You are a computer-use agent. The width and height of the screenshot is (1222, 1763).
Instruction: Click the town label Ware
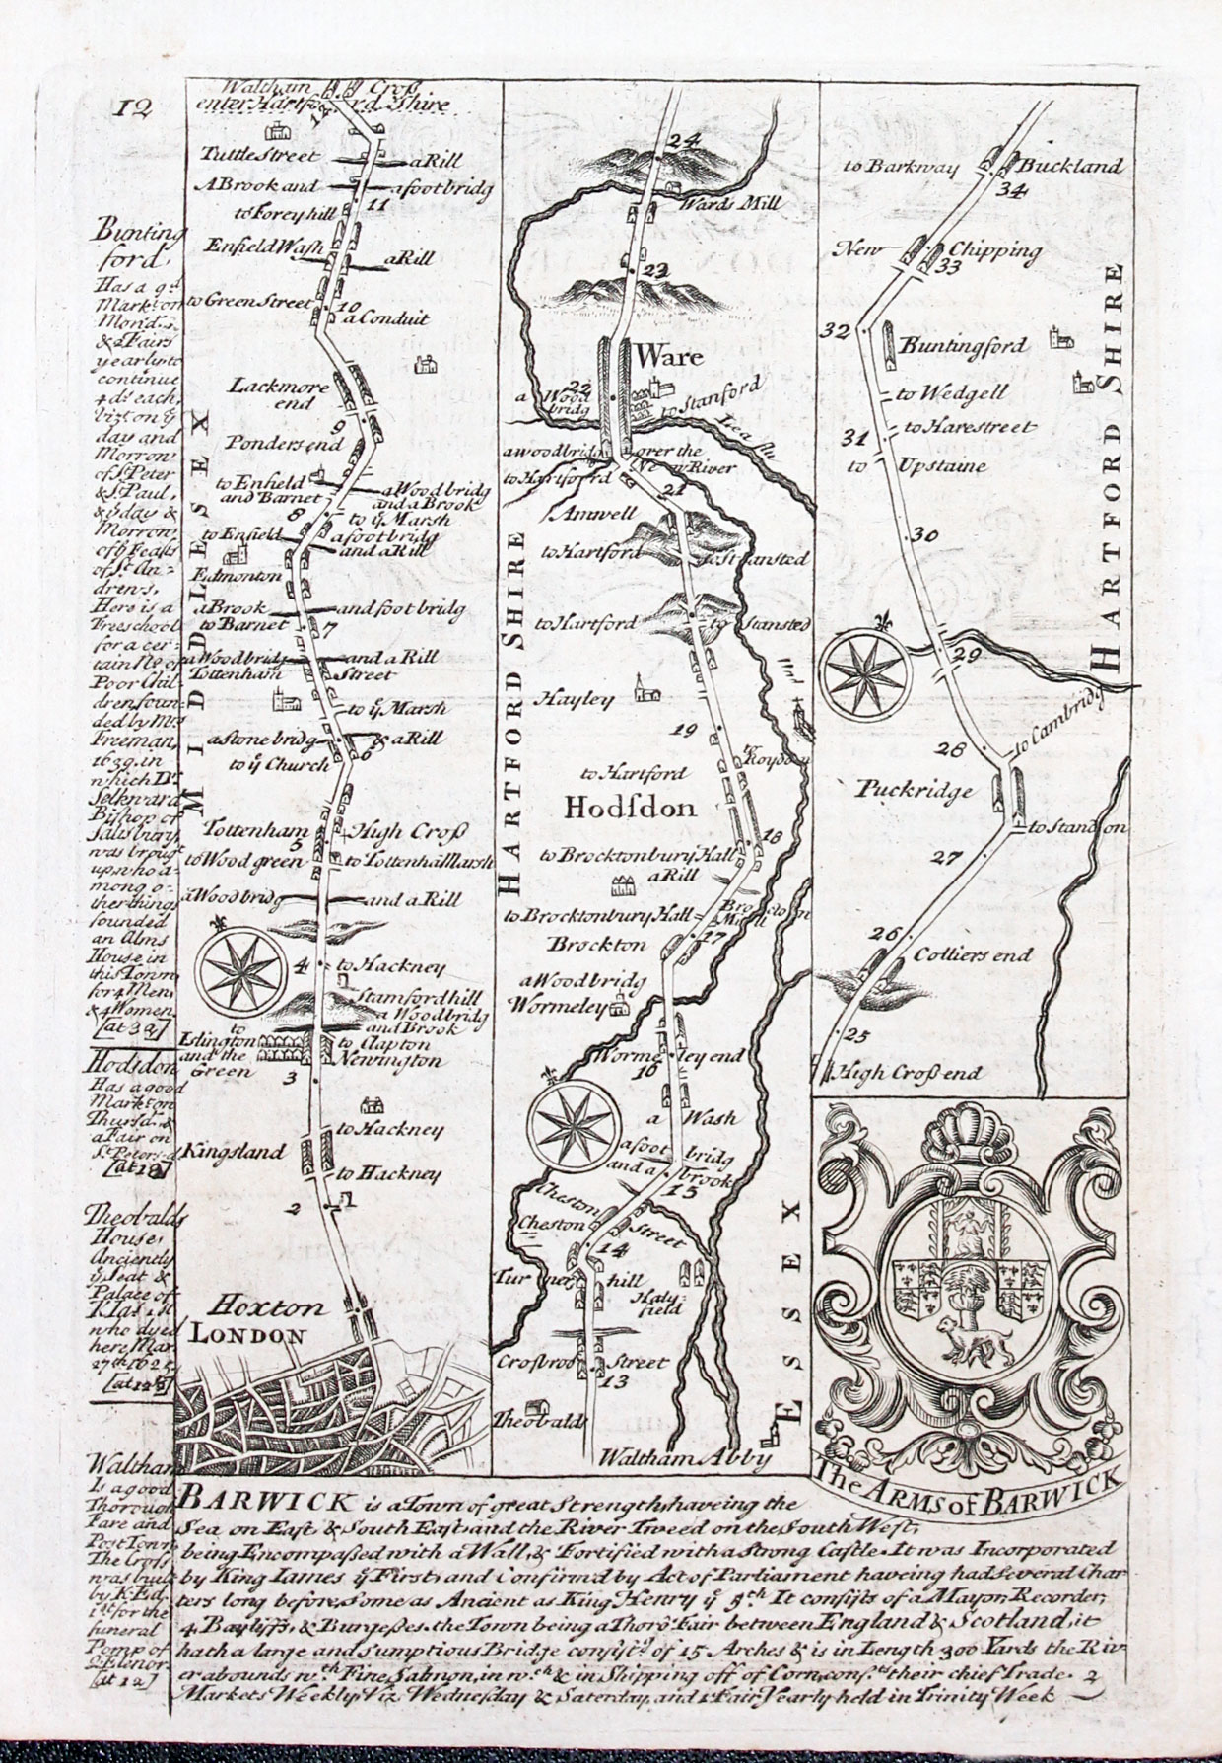click(669, 354)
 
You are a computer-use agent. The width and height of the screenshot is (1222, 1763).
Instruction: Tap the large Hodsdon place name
click(631, 809)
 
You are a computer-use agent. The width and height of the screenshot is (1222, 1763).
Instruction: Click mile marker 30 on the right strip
click(924, 536)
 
